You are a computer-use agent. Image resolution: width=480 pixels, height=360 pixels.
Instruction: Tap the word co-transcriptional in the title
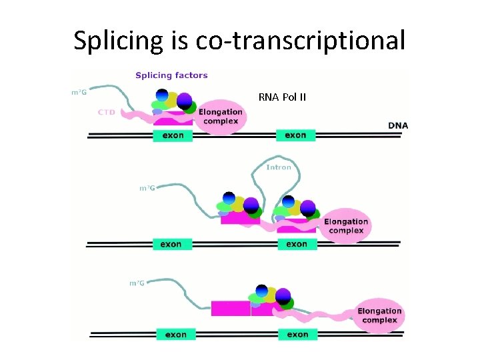300,41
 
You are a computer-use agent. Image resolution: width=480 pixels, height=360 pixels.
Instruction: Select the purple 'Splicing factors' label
171,75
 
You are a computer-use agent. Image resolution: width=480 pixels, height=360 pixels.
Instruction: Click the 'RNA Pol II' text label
282,97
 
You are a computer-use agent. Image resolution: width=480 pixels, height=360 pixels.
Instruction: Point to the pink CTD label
107,112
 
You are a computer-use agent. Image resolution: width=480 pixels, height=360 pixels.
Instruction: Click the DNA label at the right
398,125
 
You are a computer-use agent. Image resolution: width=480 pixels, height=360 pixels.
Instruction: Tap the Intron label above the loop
279,167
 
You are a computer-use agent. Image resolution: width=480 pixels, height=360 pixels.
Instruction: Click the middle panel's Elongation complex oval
346,226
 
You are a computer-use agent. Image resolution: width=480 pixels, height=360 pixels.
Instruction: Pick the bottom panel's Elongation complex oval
379,315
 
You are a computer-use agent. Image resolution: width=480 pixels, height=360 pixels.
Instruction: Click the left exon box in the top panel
173,135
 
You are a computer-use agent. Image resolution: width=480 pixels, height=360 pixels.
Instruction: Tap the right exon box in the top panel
295,135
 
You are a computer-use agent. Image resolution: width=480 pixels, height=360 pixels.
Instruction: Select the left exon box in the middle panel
171,244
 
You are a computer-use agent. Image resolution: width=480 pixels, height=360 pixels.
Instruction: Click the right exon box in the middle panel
297,244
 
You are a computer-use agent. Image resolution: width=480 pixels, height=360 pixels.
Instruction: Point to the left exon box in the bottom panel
176,334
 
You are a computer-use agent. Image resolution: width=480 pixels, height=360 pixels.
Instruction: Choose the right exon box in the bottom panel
298,334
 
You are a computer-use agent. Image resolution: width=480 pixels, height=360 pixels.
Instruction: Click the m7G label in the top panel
79,92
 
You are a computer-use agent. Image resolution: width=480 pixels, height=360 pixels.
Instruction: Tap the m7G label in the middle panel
147,188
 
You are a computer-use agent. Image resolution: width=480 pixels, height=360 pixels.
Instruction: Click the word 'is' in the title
179,41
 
